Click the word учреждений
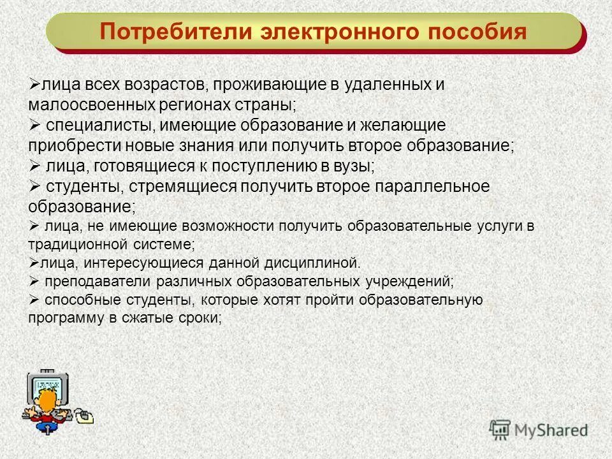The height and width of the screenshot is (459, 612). point(411,280)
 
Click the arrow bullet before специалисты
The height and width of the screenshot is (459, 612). point(34,124)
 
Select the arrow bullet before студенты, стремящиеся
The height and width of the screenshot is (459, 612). point(34,186)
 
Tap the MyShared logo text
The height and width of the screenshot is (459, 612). point(550,430)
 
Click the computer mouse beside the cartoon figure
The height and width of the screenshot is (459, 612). point(85,416)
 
